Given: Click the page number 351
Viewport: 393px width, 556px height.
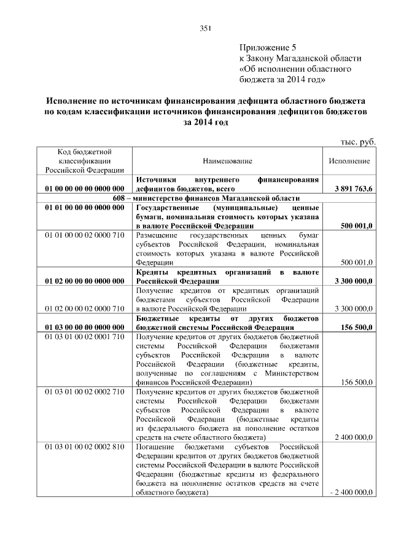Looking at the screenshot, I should point(205,28).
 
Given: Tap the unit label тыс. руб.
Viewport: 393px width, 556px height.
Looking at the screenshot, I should point(358,141).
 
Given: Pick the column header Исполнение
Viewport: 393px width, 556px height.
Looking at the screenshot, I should point(349,160).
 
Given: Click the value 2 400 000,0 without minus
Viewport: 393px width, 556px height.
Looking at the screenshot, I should point(353,437).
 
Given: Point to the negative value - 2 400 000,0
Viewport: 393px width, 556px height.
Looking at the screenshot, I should point(351,493).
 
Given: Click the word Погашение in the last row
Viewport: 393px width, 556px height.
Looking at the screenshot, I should point(156,446).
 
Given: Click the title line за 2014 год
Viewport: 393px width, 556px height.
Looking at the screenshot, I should point(205,123).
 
